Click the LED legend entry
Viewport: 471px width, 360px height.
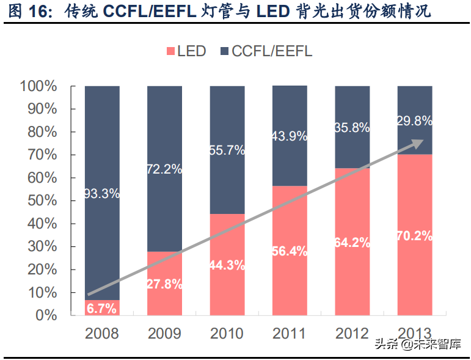[185, 51]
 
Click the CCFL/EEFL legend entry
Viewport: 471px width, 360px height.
[263, 51]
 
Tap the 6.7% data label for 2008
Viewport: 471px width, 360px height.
[101, 309]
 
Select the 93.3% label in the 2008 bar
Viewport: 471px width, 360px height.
[102, 194]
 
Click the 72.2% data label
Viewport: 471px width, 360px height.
[164, 169]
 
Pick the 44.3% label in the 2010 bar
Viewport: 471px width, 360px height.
[227, 265]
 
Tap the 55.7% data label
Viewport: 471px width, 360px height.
[227, 150]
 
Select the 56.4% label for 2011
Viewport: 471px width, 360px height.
[290, 251]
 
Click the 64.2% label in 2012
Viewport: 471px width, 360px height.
[352, 242]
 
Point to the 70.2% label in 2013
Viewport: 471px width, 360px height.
[415, 235]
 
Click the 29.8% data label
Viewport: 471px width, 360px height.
[415, 120]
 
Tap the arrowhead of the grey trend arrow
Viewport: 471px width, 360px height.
[417, 143]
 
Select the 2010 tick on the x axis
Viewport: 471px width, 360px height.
[227, 334]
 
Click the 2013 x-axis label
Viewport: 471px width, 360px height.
[415, 334]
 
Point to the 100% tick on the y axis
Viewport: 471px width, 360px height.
[38, 86]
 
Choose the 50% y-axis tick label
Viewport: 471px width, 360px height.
[42, 201]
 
